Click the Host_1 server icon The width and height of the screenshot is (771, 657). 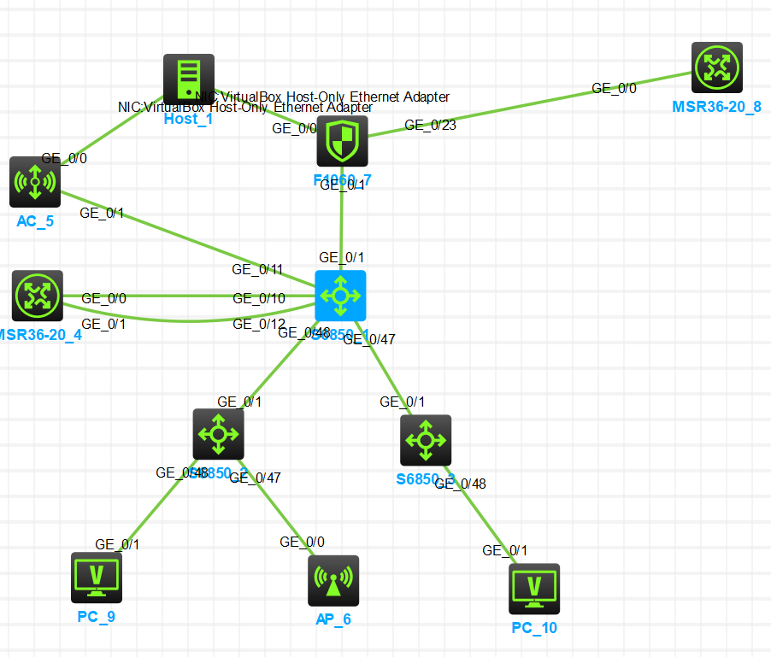pos(189,79)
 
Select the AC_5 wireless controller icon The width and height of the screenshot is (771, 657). pos(35,182)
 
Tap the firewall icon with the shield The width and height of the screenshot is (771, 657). pos(342,141)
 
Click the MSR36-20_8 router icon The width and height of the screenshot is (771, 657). pos(717,67)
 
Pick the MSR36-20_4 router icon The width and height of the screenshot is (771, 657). pos(38,296)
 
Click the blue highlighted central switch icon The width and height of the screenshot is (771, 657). pos(340,296)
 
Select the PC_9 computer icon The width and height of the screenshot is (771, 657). pos(97,578)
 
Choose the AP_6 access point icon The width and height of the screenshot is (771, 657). pos(333,581)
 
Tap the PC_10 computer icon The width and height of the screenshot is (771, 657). pos(534,589)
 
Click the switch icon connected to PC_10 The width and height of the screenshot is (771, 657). pos(426,441)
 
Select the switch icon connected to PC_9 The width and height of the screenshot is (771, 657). pos(219,434)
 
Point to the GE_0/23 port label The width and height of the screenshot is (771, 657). pos(430,125)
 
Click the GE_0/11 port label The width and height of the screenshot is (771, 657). pos(258,269)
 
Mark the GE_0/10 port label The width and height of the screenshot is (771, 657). pos(259,298)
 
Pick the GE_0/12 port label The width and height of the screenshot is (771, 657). pos(259,324)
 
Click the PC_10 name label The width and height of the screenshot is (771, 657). pos(534,628)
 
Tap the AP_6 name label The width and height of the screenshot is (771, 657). pos(333,619)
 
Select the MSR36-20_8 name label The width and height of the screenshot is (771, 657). pos(716,107)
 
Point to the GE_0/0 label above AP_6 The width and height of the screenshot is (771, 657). pos(302,542)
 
